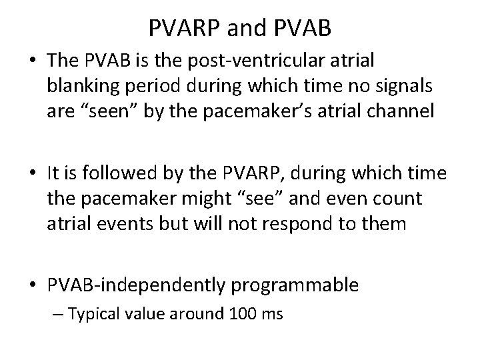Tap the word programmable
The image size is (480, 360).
click(x=294, y=285)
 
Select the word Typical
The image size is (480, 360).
click(x=96, y=313)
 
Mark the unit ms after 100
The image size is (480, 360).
click(x=272, y=313)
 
